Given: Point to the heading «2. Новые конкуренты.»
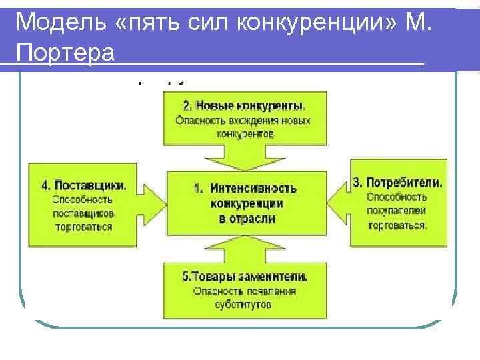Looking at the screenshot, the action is tap(245, 105).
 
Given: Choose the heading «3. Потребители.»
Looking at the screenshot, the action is tap(397, 182).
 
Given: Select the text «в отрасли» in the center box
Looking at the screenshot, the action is tap(247, 218).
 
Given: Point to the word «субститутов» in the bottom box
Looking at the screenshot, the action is tap(244, 305).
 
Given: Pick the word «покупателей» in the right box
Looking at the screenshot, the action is tap(396, 211).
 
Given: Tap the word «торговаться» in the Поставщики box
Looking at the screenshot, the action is tap(84, 227).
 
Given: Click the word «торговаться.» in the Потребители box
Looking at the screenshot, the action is tap(396, 225).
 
